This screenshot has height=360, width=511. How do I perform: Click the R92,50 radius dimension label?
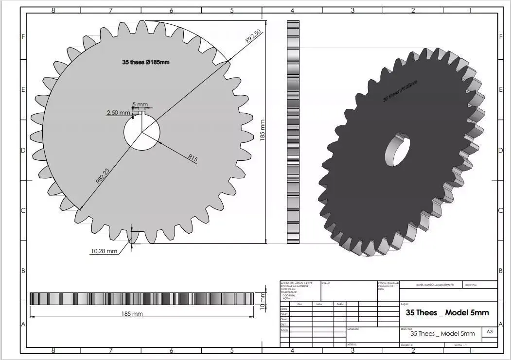[253, 37]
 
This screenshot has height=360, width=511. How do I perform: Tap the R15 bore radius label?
[194, 158]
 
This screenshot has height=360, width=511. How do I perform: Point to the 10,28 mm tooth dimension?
[104, 251]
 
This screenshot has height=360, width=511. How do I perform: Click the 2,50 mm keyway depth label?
[118, 113]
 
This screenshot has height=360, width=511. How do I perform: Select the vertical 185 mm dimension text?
[263, 130]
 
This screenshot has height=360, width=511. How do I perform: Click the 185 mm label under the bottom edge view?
[132, 314]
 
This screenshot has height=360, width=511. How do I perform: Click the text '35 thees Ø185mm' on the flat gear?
[145, 62]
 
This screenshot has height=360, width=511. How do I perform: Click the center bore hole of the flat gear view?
[142, 132]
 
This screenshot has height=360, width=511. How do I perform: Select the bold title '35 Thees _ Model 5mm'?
[447, 313]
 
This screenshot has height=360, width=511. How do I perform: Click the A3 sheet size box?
[489, 332]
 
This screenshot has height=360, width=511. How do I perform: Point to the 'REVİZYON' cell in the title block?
[471, 286]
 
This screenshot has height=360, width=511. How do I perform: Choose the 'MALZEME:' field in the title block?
[353, 329]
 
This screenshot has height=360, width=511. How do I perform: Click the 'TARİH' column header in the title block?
[340, 304]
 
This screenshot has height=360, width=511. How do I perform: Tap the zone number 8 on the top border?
[53, 10]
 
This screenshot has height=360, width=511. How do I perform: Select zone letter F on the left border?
[23, 37]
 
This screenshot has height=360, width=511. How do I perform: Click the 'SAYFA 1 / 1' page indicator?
[460, 344]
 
